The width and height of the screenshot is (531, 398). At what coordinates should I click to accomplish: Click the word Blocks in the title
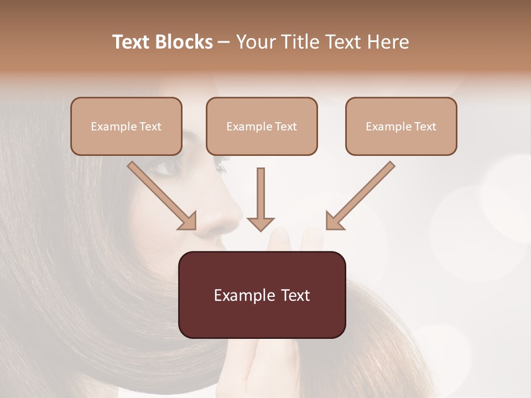tap(183, 42)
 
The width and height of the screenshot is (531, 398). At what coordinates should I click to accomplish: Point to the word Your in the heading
tap(257, 42)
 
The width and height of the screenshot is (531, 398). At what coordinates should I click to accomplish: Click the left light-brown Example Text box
tap(126, 127)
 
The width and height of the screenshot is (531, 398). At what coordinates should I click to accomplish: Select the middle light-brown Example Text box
tap(262, 127)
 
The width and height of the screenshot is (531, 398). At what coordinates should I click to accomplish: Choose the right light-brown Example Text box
tap(401, 127)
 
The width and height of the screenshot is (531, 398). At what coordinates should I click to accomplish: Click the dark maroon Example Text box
tap(262, 295)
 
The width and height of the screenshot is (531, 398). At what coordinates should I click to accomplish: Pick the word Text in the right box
tap(425, 127)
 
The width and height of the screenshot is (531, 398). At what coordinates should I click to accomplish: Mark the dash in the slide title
tap(224, 42)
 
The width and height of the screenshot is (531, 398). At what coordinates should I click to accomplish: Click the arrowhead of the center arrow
tap(261, 224)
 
